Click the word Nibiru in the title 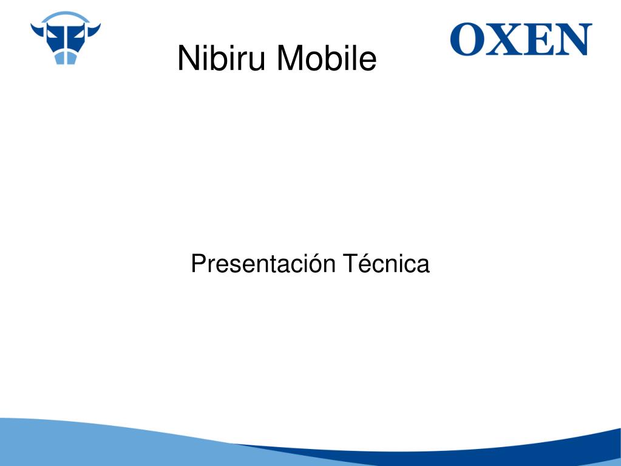221,58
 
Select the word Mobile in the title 327,58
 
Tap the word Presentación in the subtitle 263,264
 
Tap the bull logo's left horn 38,30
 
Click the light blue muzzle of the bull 66,58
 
